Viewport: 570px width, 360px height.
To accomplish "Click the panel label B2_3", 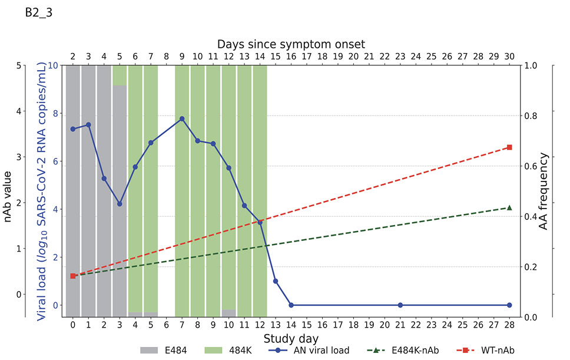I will (x=39, y=14).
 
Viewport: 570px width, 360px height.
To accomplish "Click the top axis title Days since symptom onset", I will (x=291, y=44).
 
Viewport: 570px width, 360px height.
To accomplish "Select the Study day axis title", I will (x=291, y=338).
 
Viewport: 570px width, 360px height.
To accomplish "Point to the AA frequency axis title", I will (x=544, y=191).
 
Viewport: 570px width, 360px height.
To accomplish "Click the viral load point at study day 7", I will (x=182, y=119).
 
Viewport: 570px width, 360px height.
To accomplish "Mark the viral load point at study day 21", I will (x=400, y=305).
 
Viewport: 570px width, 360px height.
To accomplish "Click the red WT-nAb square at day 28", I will (x=509, y=147).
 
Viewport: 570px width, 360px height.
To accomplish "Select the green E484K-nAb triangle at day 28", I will (x=509, y=207).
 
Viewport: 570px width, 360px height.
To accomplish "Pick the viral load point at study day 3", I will (x=120, y=204).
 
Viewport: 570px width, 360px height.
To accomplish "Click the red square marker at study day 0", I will (x=73, y=276).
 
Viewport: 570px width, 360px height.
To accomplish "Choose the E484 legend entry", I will (x=164, y=351).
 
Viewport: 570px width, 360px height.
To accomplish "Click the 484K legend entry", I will (x=228, y=351).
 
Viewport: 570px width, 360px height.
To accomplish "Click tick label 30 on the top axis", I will (x=509, y=56).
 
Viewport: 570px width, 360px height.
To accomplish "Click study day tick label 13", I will (x=276, y=325).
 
